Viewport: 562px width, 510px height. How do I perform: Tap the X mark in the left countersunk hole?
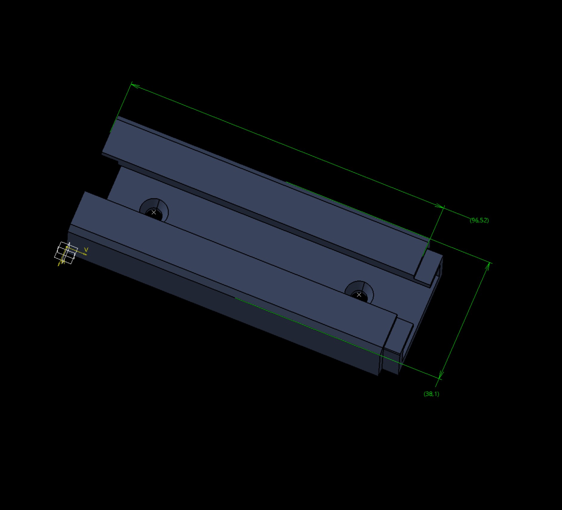(x=154, y=212)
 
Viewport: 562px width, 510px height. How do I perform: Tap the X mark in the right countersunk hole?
(x=359, y=295)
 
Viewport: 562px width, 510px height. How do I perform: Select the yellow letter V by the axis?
(x=86, y=249)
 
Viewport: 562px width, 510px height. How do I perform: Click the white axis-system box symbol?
(x=66, y=253)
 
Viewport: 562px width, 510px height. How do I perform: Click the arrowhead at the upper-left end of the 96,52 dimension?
(x=135, y=86)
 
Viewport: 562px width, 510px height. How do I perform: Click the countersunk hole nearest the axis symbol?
(x=154, y=210)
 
